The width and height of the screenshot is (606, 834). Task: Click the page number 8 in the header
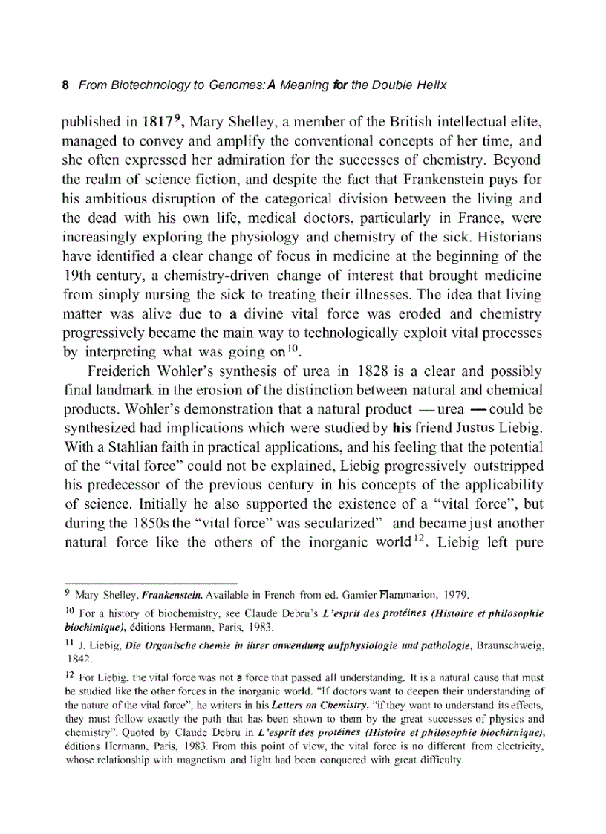pyautogui.click(x=65, y=85)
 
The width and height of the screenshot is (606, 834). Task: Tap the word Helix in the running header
pyautogui.click(x=430, y=85)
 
